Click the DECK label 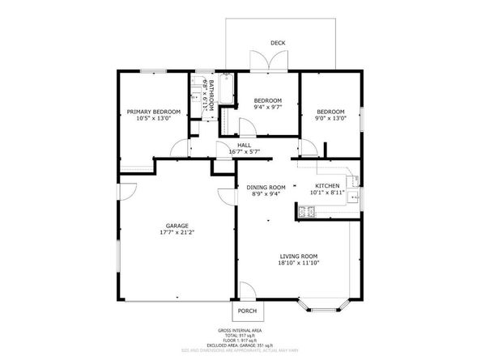pos(278,44)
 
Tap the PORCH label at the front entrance pos(247,311)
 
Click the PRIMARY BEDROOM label pos(153,112)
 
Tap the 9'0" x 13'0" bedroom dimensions pos(330,118)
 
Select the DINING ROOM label pos(266,187)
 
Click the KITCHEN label pos(326,186)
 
